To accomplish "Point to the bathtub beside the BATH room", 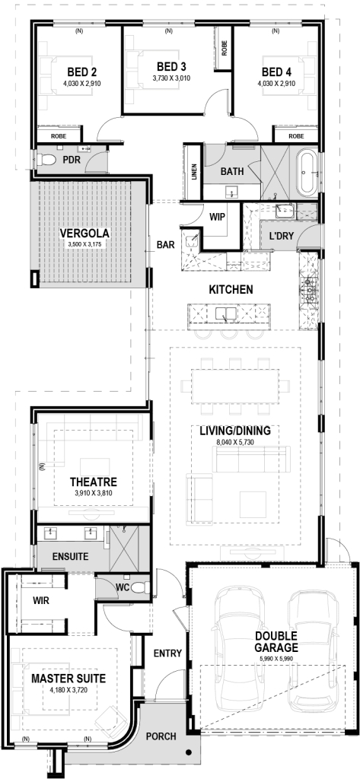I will pos(307,173).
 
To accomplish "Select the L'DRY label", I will pos(282,237).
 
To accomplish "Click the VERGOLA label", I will pos(84,233).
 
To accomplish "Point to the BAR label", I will pos(166,245).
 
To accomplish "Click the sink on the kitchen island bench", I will pos(226,312).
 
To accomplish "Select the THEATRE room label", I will pos(93,482).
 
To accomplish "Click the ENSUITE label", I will pos(69,557).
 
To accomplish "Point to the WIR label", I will pos(42,601).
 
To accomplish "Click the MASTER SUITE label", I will pos(68,677).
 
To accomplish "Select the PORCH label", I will pos(161,736).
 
